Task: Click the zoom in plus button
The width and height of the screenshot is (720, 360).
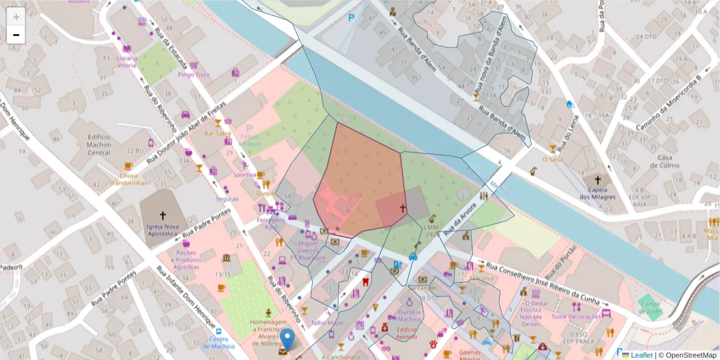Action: coord(16,17)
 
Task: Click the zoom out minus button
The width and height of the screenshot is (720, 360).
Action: coord(16,35)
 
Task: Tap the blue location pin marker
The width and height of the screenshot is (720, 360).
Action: coord(288,340)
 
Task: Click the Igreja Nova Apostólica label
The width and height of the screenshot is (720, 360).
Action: coord(162,230)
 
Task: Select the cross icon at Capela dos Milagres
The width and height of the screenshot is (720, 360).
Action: coord(597,180)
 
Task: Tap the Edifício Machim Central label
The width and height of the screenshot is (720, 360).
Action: coord(90,145)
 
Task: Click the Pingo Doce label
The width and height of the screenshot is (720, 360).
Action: coord(194,75)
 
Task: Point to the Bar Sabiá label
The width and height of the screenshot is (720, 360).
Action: coord(218,133)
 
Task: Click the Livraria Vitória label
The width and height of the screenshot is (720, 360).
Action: coord(127,61)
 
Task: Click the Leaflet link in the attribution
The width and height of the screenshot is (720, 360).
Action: coord(641,355)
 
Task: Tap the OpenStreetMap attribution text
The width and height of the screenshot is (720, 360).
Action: coord(690,355)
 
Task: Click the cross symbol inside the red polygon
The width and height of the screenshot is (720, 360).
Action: coord(403,209)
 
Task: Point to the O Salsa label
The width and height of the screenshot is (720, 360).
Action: coord(553,160)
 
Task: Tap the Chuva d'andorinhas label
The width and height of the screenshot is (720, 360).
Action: coord(128,179)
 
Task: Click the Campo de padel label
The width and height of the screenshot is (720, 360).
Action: coord(650,307)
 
